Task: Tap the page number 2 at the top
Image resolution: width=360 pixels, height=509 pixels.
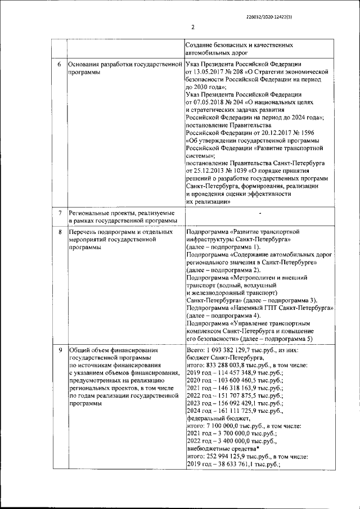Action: click(x=192, y=27)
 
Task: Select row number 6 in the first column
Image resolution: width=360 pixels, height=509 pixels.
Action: click(x=60, y=64)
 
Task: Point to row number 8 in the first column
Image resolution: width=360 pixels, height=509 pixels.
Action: click(x=60, y=231)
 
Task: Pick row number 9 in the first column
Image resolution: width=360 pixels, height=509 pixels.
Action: click(x=60, y=351)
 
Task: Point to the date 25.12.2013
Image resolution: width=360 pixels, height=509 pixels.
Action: click(x=210, y=170)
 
